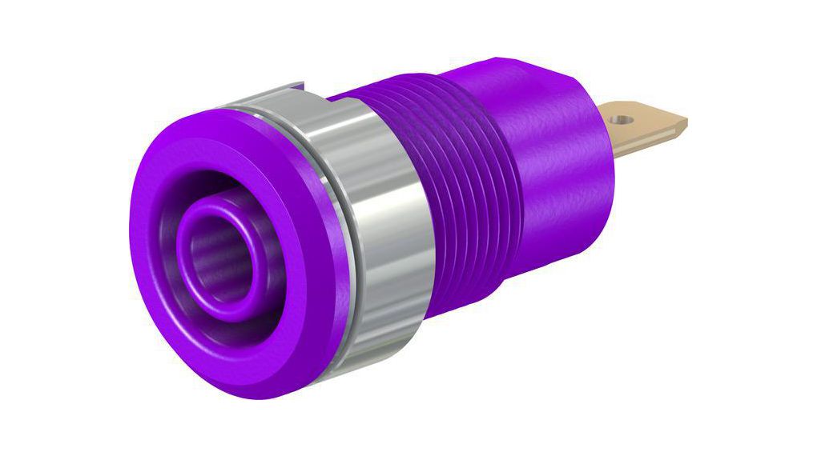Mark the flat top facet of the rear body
tap(521, 72)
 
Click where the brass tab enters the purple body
tap(602, 128)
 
